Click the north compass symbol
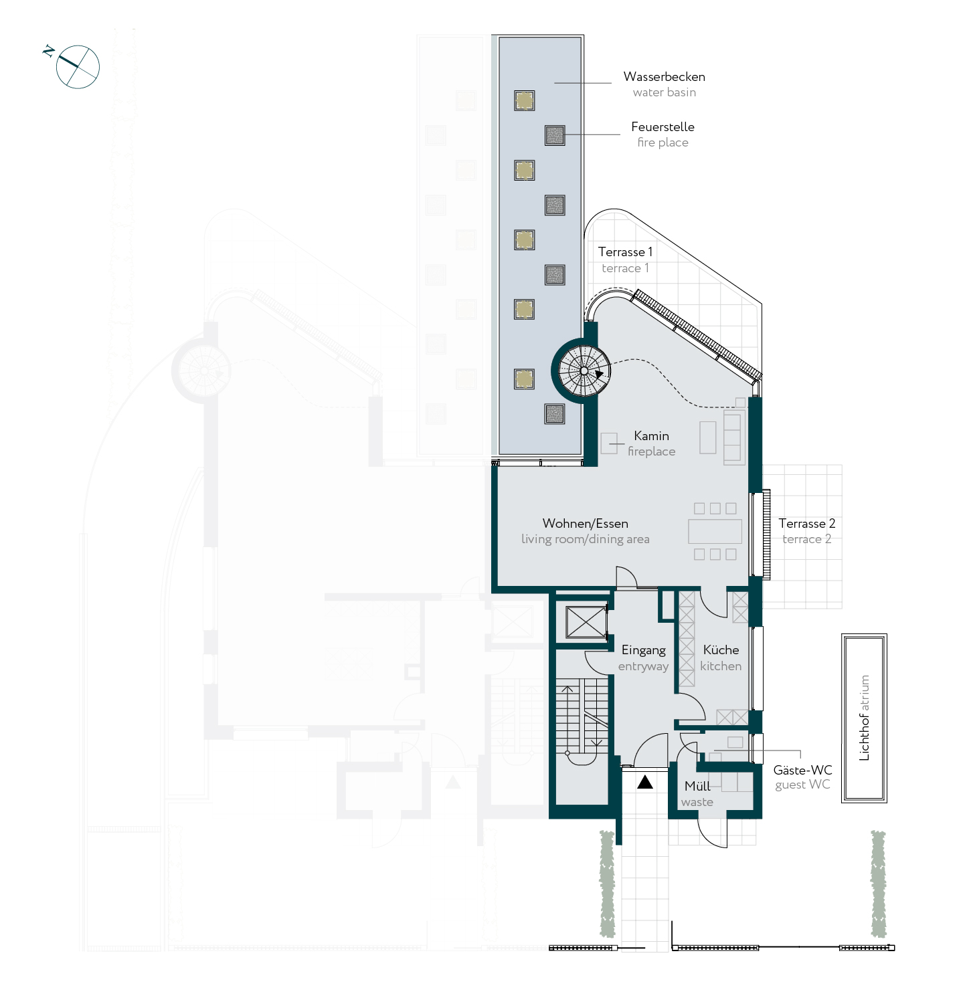pyautogui.click(x=76, y=66)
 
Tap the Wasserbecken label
pyautogui.click(x=664, y=77)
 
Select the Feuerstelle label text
pyautogui.click(x=663, y=126)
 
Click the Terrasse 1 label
pyautogui.click(x=625, y=252)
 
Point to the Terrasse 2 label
pyautogui.click(x=806, y=523)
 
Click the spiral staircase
pyautogui.click(x=584, y=371)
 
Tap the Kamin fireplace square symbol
pyautogui.click(x=609, y=443)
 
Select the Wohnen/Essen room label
pyautogui.click(x=585, y=523)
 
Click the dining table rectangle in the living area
pyautogui.click(x=715, y=531)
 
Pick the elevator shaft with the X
pyautogui.click(x=586, y=623)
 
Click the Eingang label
pyautogui.click(x=643, y=650)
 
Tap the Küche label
pyautogui.click(x=721, y=649)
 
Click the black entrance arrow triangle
pyautogui.click(x=644, y=782)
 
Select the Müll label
pyautogui.click(x=697, y=786)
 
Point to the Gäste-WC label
pyautogui.click(x=802, y=770)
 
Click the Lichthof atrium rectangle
pyautogui.click(x=864, y=718)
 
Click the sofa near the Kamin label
pyautogui.click(x=733, y=437)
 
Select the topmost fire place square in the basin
pyautogui.click(x=555, y=135)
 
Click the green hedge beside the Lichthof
pyautogui.click(x=878, y=884)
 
